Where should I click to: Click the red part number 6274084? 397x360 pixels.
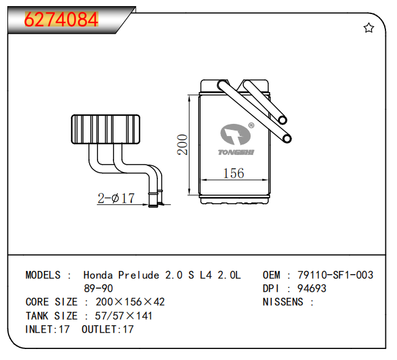[61, 20]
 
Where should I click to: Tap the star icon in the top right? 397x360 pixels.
[368, 28]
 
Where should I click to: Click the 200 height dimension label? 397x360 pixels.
[182, 145]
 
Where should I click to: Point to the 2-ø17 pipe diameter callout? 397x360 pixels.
[116, 198]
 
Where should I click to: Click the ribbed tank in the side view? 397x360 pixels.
[107, 129]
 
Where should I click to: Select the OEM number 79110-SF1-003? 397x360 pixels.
[335, 275]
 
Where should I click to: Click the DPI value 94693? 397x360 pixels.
[311, 289]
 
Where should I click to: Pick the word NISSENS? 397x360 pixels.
[282, 302]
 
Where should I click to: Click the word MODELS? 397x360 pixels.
[43, 275]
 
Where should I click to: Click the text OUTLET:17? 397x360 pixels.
[107, 329]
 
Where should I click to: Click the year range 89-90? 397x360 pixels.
[98, 289]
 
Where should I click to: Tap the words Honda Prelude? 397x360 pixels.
[121, 275]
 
